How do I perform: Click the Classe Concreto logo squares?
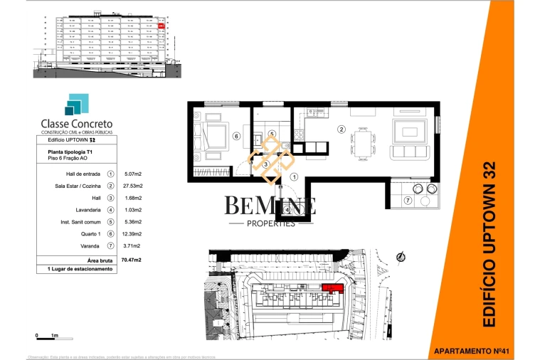[75, 105]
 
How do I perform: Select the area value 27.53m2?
[133, 185]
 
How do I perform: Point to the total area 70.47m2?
[132, 260]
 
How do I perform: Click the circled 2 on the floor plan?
[342, 129]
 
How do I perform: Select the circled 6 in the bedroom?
[235, 137]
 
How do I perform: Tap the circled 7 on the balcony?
[408, 201]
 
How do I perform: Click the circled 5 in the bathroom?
[272, 133]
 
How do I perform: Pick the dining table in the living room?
[364, 143]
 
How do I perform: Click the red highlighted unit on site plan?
[332, 287]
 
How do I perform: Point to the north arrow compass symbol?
[401, 256]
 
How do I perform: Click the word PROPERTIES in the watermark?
[261, 223]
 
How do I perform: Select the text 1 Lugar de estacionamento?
[80, 270]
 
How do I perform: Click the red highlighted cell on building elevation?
[162, 26]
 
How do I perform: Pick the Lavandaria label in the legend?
[89, 209]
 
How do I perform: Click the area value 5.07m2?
[133, 173]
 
